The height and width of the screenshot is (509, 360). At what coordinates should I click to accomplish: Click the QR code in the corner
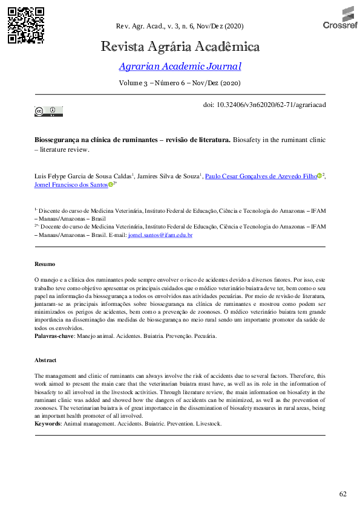click(x=26, y=25)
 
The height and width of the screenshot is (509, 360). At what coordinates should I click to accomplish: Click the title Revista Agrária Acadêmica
click(x=180, y=47)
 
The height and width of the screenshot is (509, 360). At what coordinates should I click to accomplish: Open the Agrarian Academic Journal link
click(x=180, y=66)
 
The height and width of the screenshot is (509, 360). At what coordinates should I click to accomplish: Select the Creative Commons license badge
click(x=48, y=111)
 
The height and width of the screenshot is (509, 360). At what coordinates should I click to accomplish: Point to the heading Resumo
click(x=44, y=264)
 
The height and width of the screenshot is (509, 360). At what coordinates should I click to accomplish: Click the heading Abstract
click(x=45, y=360)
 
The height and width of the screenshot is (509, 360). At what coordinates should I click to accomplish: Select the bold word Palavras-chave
click(x=54, y=335)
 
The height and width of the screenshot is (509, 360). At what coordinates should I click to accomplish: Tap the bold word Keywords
click(x=48, y=424)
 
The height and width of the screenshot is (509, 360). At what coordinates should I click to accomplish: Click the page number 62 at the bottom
click(x=343, y=494)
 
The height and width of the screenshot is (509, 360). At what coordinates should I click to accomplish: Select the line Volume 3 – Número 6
click(x=180, y=82)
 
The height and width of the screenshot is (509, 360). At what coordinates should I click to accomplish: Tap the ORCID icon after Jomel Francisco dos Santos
click(x=111, y=186)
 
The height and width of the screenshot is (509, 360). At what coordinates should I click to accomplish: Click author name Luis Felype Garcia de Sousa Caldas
click(x=83, y=176)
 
